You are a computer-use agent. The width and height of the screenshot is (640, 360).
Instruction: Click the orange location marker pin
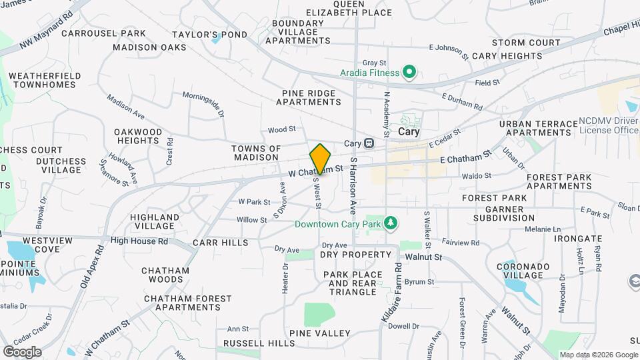point(321,159)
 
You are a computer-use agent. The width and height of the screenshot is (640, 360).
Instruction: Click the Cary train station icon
point(368,143)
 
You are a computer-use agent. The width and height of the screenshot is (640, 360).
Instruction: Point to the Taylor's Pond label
point(209,35)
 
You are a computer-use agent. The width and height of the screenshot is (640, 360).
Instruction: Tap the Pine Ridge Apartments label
point(308,97)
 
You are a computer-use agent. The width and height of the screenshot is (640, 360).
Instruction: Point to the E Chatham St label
point(465,155)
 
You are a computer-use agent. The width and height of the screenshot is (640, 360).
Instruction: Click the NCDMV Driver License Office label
point(609,125)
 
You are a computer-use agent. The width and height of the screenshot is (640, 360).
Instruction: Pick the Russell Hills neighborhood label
point(259,343)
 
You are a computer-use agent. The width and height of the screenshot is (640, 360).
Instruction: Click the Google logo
point(22,351)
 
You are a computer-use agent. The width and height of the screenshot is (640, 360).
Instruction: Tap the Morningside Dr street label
point(203,103)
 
